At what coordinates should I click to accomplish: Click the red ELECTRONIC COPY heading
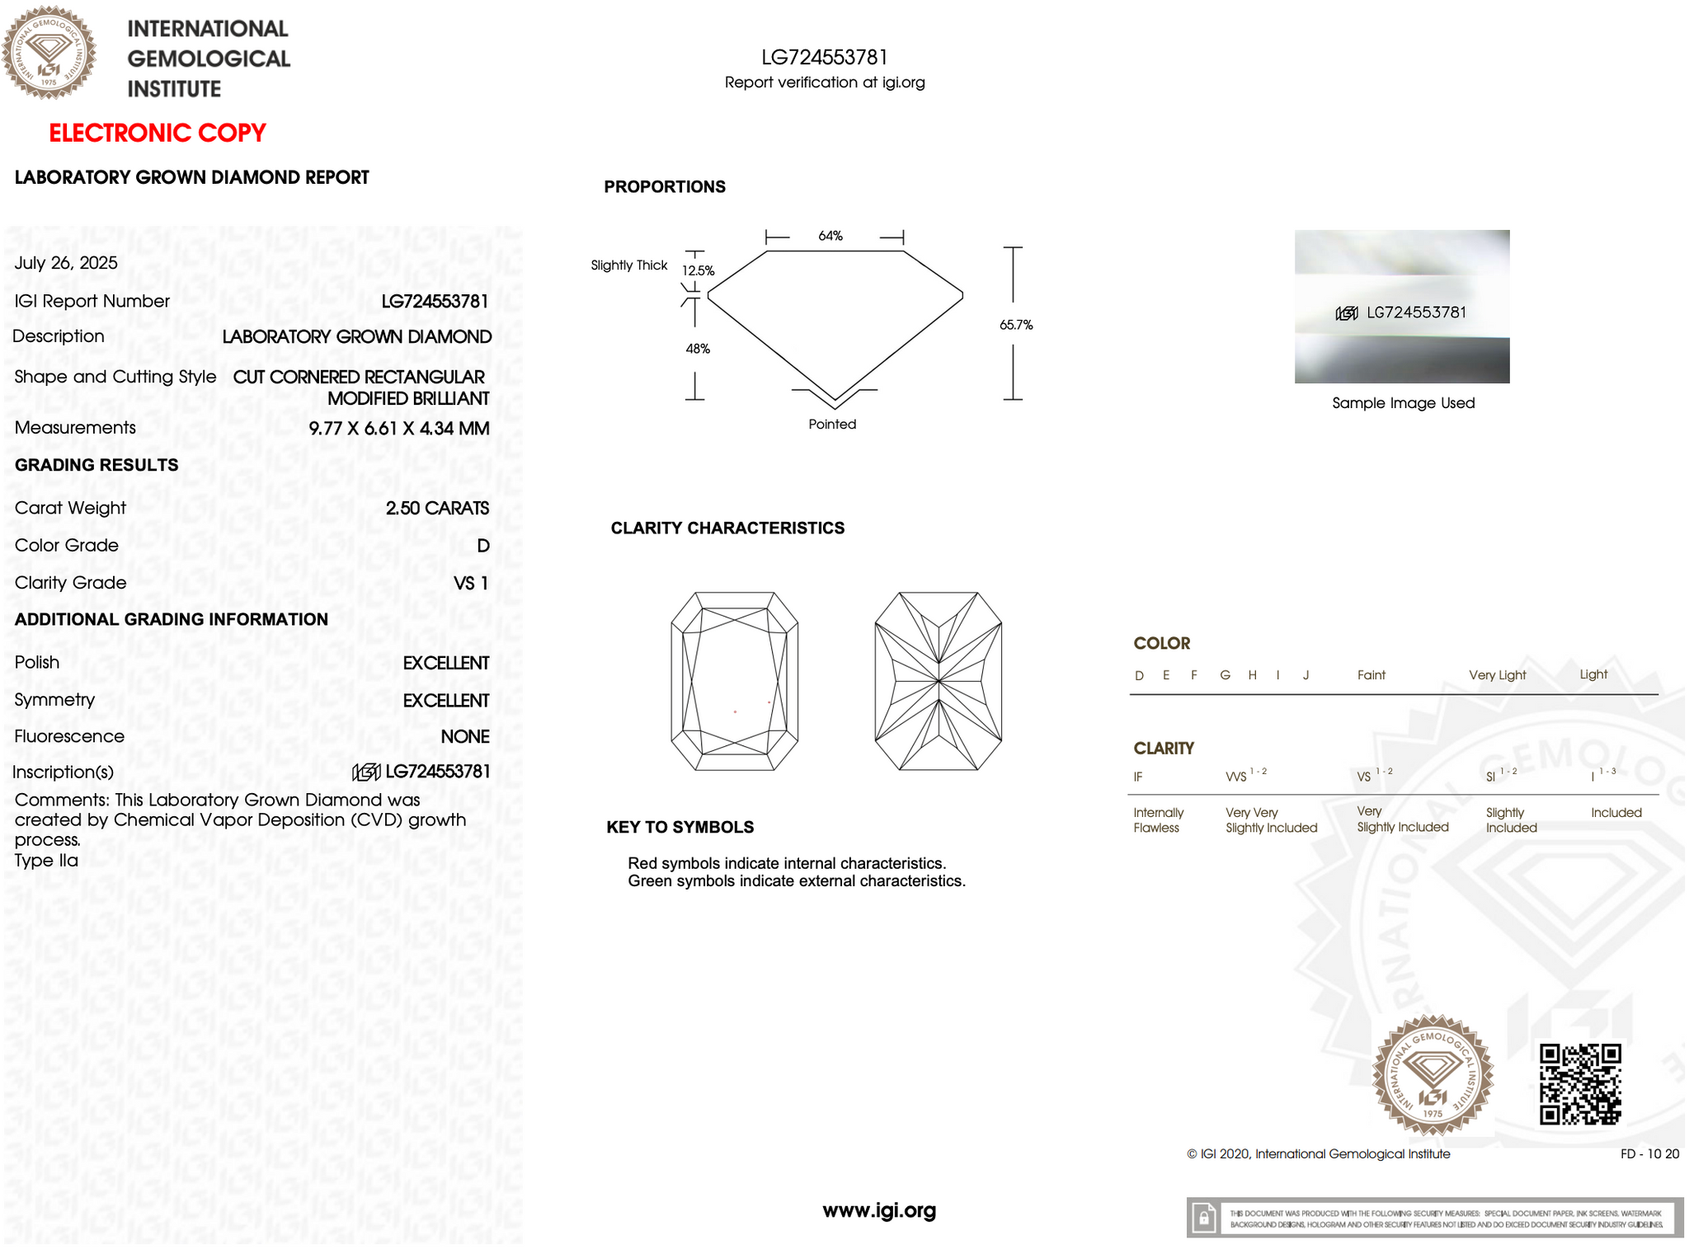click(x=157, y=133)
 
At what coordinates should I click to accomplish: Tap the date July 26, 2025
click(x=66, y=263)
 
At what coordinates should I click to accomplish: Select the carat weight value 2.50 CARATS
click(x=437, y=508)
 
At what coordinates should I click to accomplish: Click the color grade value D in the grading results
click(x=482, y=546)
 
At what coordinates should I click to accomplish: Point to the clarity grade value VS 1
click(x=471, y=583)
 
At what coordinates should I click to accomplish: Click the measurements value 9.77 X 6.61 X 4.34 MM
click(x=398, y=428)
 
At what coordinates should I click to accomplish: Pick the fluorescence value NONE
click(x=464, y=736)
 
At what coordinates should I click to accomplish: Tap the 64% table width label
click(x=830, y=236)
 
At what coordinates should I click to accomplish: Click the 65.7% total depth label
click(x=1015, y=325)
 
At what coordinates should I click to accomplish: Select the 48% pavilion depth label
click(x=698, y=349)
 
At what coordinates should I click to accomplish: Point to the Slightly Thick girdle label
click(x=628, y=265)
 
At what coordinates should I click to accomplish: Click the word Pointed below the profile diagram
click(x=832, y=424)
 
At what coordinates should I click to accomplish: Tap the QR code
click(x=1579, y=1084)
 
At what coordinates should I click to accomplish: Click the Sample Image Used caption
click(x=1403, y=403)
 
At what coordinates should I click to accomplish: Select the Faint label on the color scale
click(x=1371, y=675)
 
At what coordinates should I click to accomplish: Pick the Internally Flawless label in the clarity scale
click(x=1158, y=819)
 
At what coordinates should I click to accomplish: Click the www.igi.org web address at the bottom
click(x=879, y=1210)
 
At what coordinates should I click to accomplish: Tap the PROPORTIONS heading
click(x=665, y=186)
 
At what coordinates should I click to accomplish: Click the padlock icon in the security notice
click(x=1204, y=1218)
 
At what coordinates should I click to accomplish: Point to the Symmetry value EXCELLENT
click(x=445, y=700)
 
